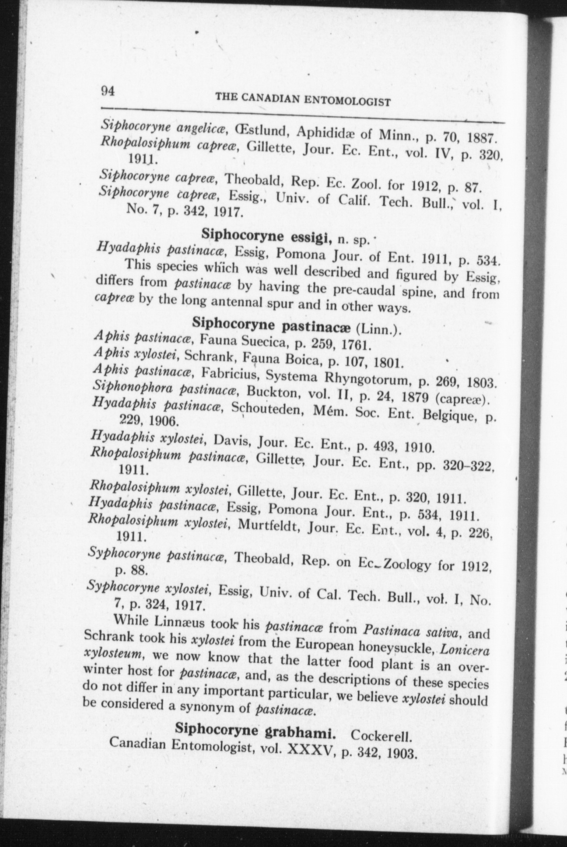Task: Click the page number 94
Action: click(108, 91)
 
